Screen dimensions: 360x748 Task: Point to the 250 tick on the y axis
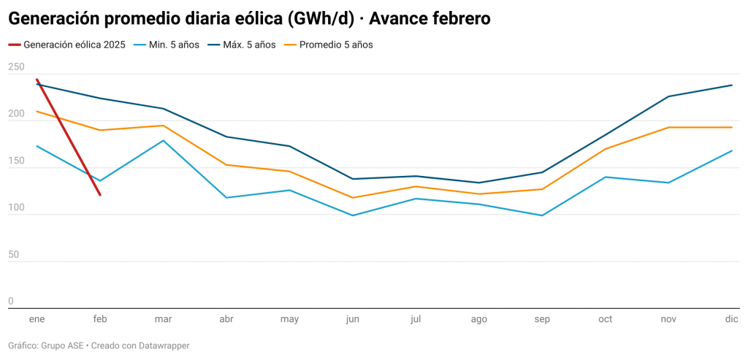(16, 67)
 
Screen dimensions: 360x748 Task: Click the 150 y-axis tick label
(16, 161)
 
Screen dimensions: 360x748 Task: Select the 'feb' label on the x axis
(100, 320)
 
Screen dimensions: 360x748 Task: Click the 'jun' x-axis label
(353, 320)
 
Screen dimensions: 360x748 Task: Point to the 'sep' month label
(542, 320)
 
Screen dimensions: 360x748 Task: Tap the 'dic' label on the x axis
(732, 320)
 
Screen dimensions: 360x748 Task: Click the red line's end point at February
(100, 195)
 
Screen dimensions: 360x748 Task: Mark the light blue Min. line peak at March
(163, 140)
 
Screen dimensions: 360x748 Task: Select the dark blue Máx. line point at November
(668, 96)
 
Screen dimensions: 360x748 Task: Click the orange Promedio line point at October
(606, 149)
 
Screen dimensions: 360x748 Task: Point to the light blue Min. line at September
(542, 215)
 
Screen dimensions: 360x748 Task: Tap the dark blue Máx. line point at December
(732, 85)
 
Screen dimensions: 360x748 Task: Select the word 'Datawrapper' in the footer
(164, 345)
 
